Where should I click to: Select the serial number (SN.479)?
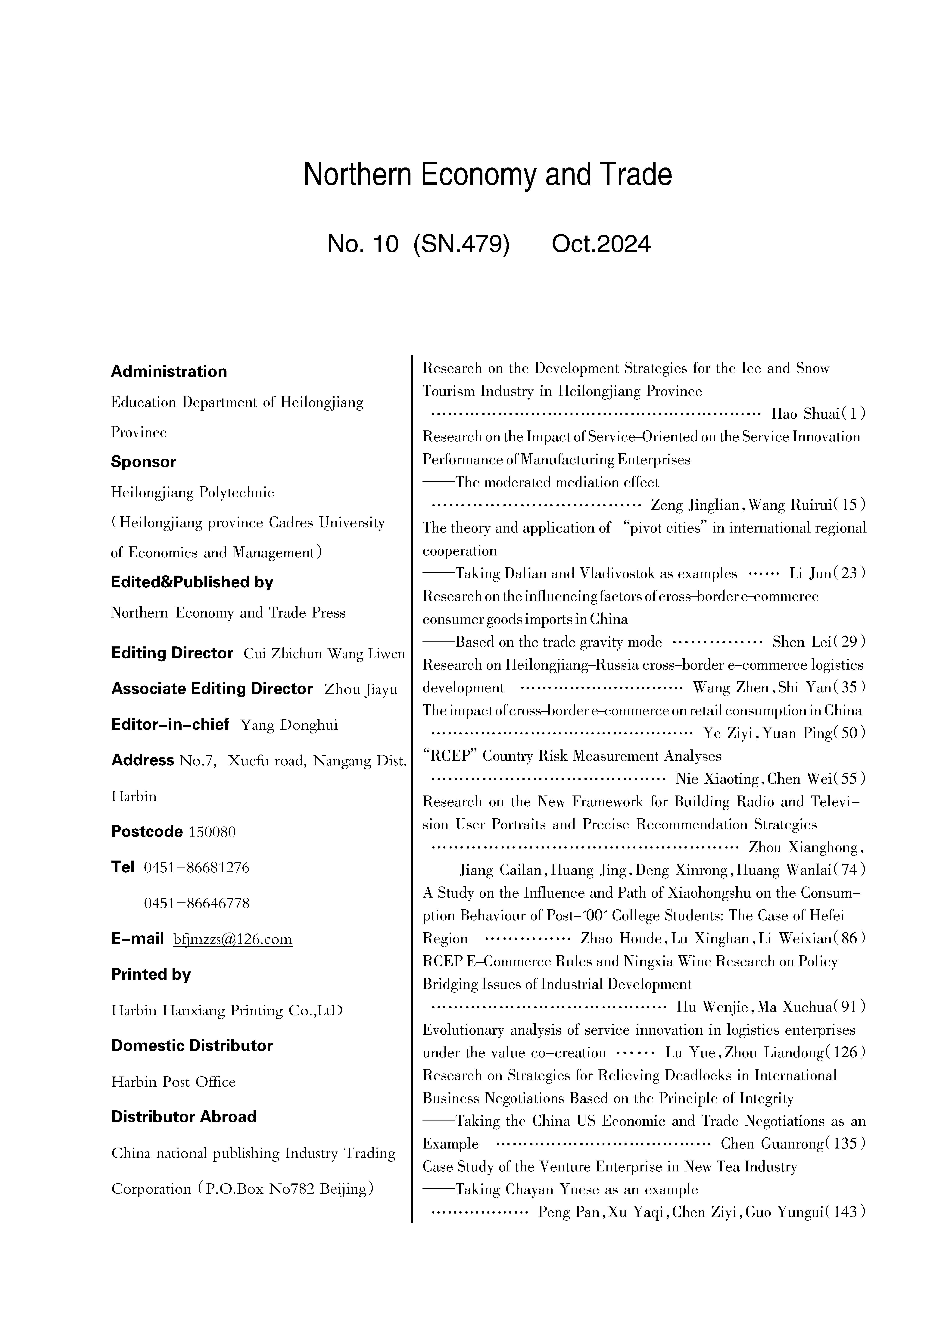click(x=461, y=244)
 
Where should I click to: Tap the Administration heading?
click(x=169, y=372)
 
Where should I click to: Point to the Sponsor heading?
click(x=144, y=462)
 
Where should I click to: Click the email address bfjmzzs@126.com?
click(x=232, y=939)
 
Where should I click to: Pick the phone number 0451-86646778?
click(x=196, y=903)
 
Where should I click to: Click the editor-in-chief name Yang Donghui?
click(x=289, y=725)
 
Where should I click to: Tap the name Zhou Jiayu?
click(x=361, y=689)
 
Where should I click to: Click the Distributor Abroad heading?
click(x=184, y=1117)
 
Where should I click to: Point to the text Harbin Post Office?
click(x=173, y=1082)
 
